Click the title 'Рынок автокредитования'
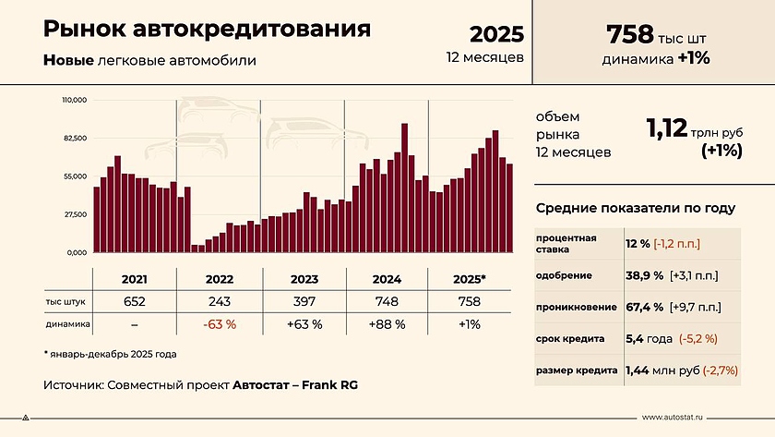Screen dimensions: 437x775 tap(207, 30)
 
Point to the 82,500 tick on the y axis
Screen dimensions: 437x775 tap(74, 138)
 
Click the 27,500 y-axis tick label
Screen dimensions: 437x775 tap(74, 214)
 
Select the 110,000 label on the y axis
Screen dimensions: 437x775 tap(74, 100)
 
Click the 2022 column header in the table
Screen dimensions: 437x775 tap(219, 278)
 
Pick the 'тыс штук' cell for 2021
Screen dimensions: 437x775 tap(134, 301)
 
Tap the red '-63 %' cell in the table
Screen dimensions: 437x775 tap(219, 324)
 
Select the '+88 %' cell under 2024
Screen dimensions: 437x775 tap(387, 324)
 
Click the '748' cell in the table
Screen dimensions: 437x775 tap(387, 301)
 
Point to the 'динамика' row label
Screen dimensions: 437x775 tap(66, 324)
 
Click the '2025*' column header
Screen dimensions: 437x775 tap(471, 278)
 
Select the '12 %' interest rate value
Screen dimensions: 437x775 tap(637, 243)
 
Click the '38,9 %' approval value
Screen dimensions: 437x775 tap(645, 275)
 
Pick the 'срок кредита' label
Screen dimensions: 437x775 tap(570, 339)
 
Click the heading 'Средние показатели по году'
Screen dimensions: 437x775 tap(636, 208)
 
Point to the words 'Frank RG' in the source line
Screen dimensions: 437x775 tap(328, 383)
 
